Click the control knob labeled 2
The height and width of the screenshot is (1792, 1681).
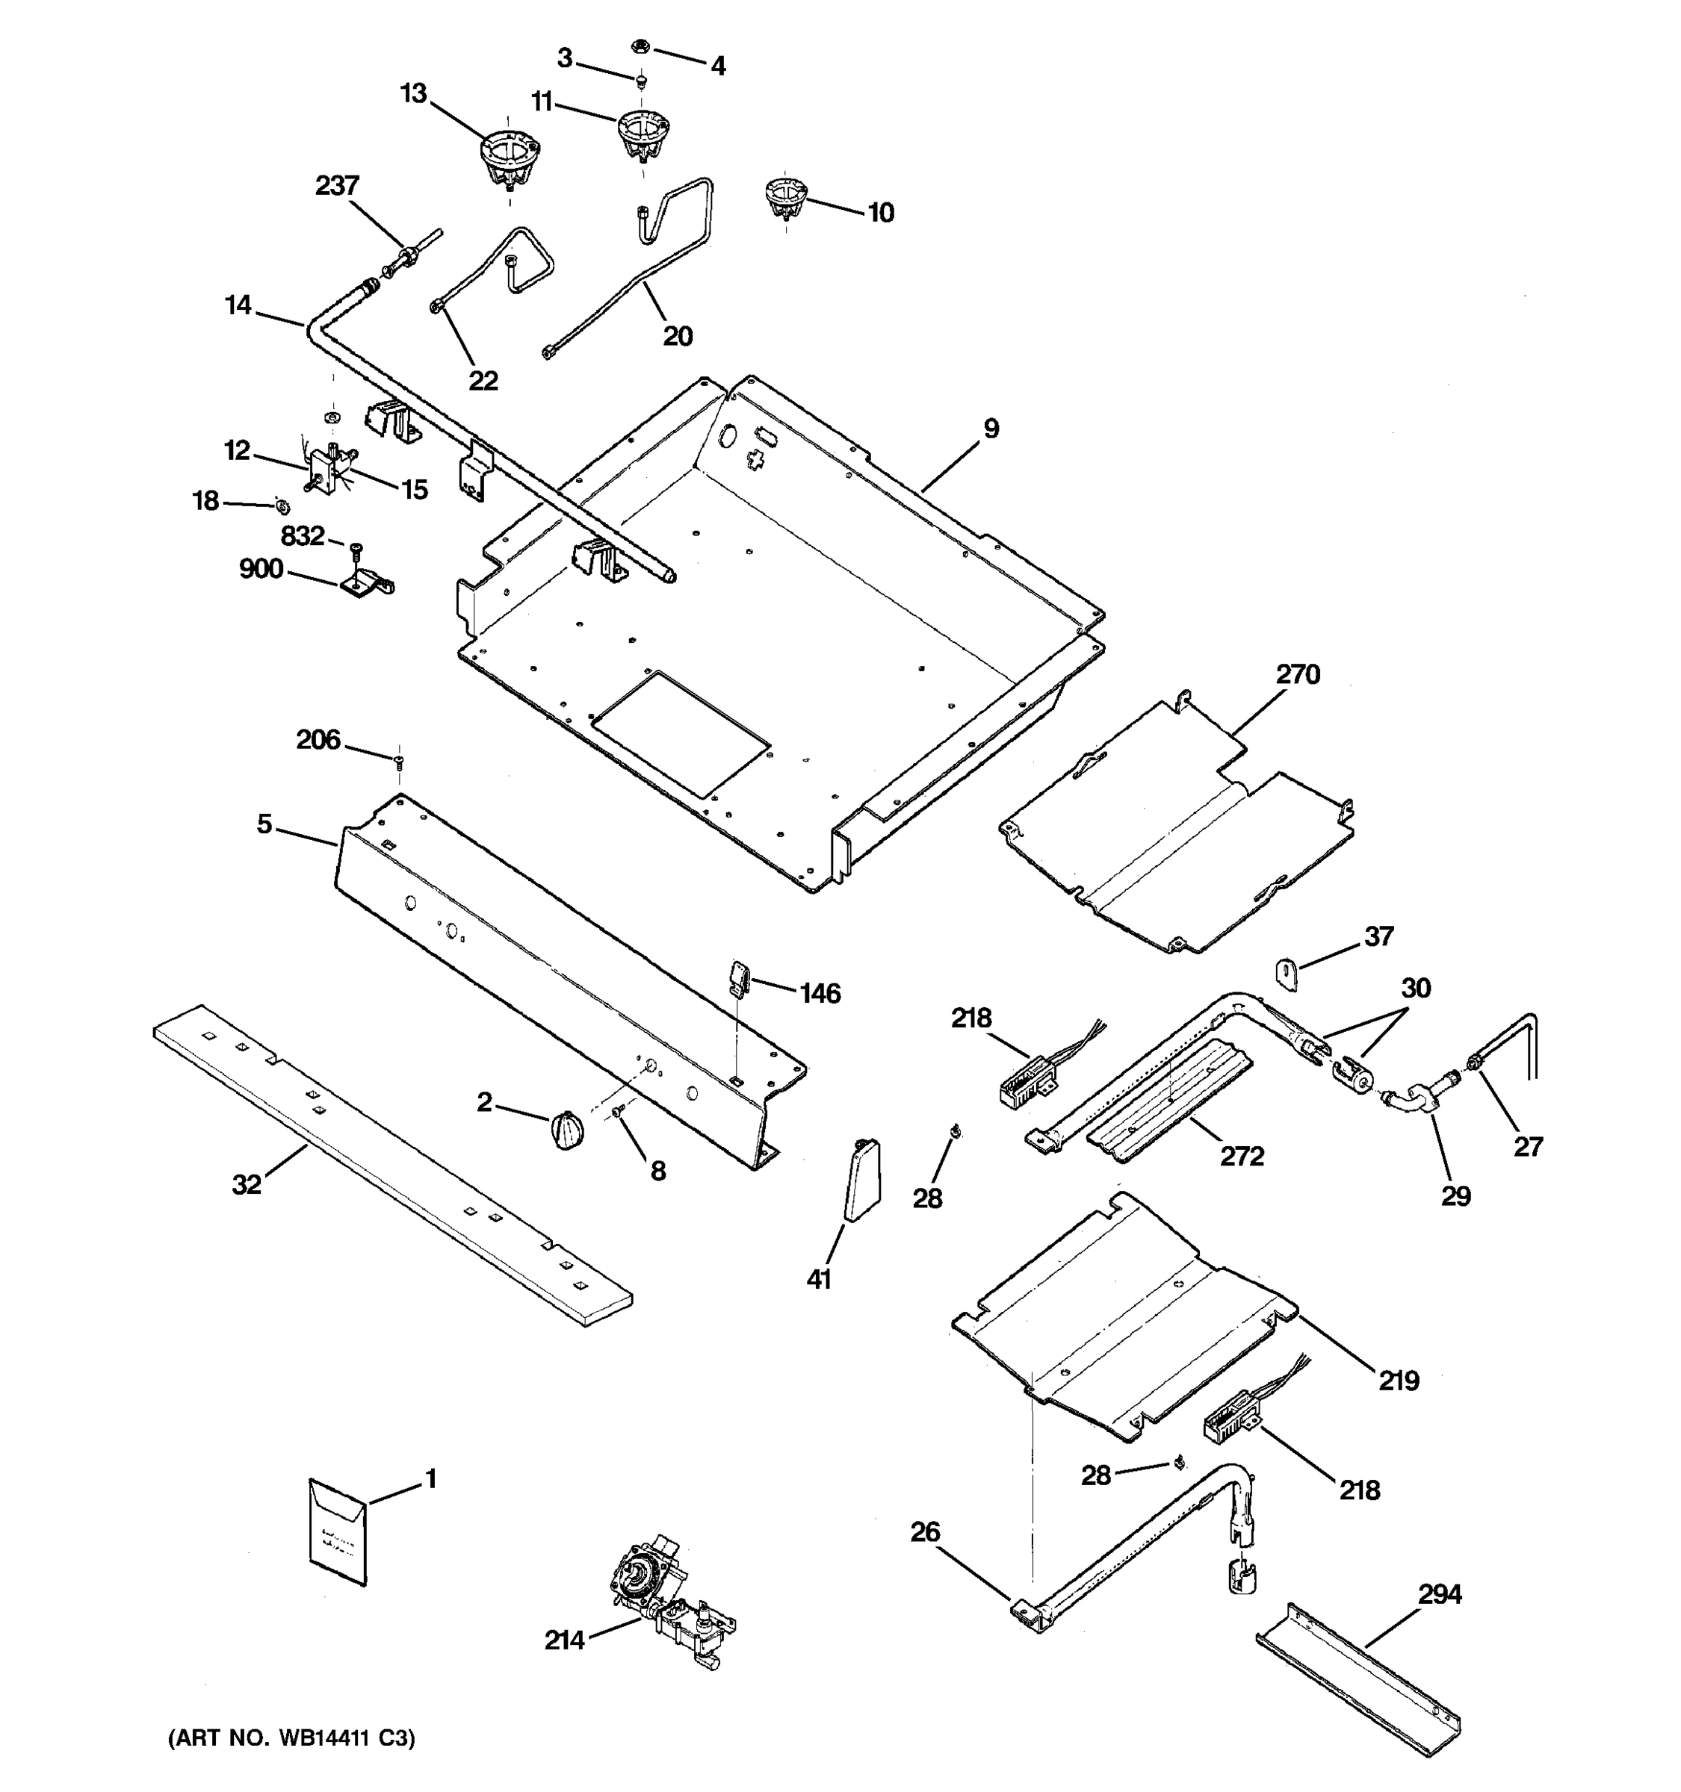[x=566, y=1130]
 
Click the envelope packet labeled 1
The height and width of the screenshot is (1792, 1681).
[x=337, y=1531]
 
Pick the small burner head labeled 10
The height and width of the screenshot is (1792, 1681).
[x=785, y=199]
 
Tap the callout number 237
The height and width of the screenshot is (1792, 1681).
[x=337, y=186]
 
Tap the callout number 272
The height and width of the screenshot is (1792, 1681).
[x=1242, y=1157]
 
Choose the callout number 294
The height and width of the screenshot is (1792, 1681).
[x=1440, y=1595]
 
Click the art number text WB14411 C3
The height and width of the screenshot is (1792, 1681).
[x=291, y=1739]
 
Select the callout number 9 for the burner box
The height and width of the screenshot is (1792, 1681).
[x=991, y=429]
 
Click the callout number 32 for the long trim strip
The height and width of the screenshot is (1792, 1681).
[x=247, y=1184]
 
